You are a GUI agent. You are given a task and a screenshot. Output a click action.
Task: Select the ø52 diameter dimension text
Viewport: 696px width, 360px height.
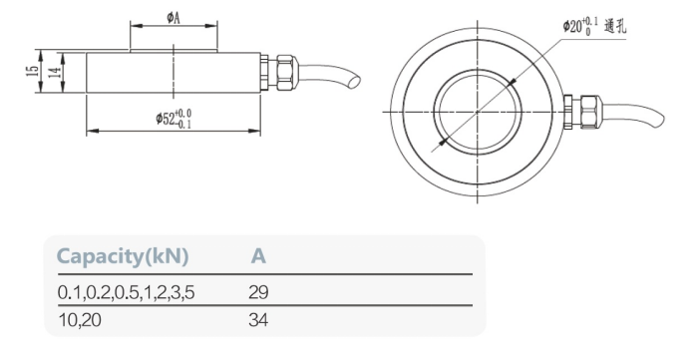tap(173, 122)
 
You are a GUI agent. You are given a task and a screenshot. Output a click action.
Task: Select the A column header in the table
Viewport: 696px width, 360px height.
tap(257, 256)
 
